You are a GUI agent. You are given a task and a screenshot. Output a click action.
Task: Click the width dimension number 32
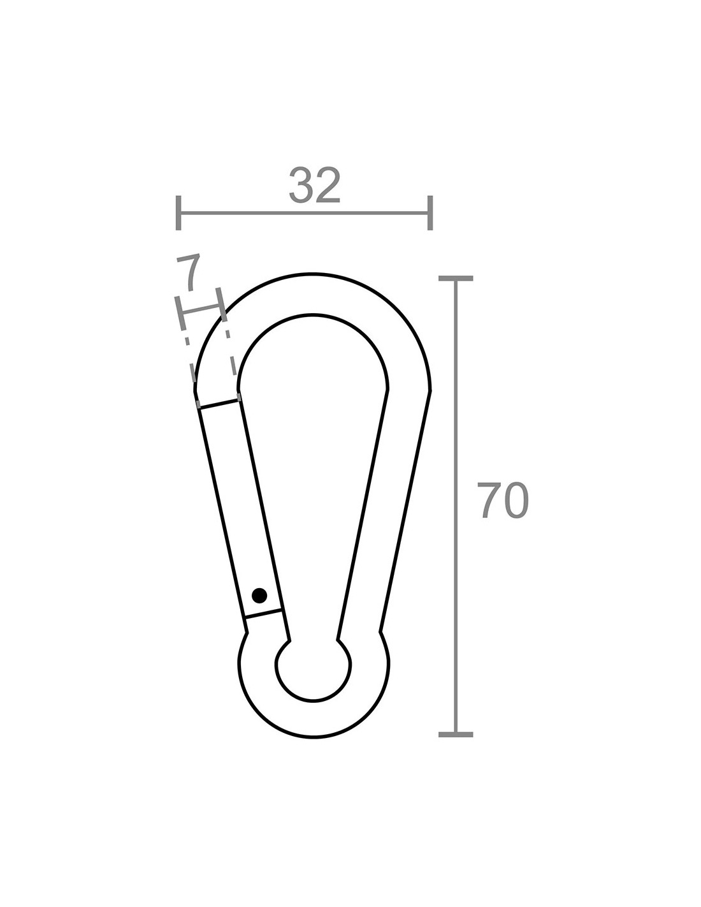(x=315, y=186)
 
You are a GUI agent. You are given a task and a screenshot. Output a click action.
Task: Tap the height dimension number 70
(x=503, y=501)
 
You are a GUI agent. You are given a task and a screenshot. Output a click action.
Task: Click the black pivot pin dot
(x=259, y=595)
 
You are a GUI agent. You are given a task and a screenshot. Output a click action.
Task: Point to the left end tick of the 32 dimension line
(x=178, y=212)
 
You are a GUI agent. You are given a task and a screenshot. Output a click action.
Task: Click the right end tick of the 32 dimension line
(x=430, y=212)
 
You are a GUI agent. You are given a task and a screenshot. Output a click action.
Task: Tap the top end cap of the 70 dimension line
(x=456, y=278)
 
